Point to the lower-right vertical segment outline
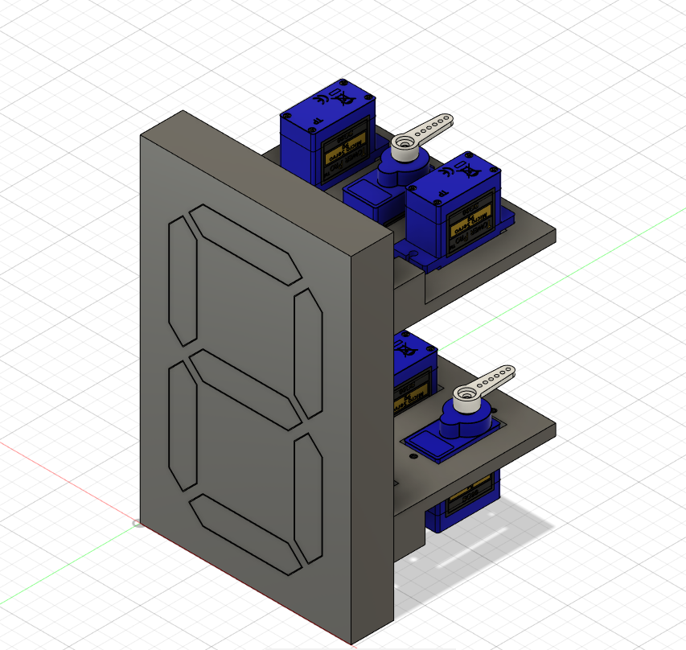tap(307, 498)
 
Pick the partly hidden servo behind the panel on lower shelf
tap(413, 374)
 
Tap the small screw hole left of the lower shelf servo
tap(413, 456)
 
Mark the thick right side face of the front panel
tap(373, 434)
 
